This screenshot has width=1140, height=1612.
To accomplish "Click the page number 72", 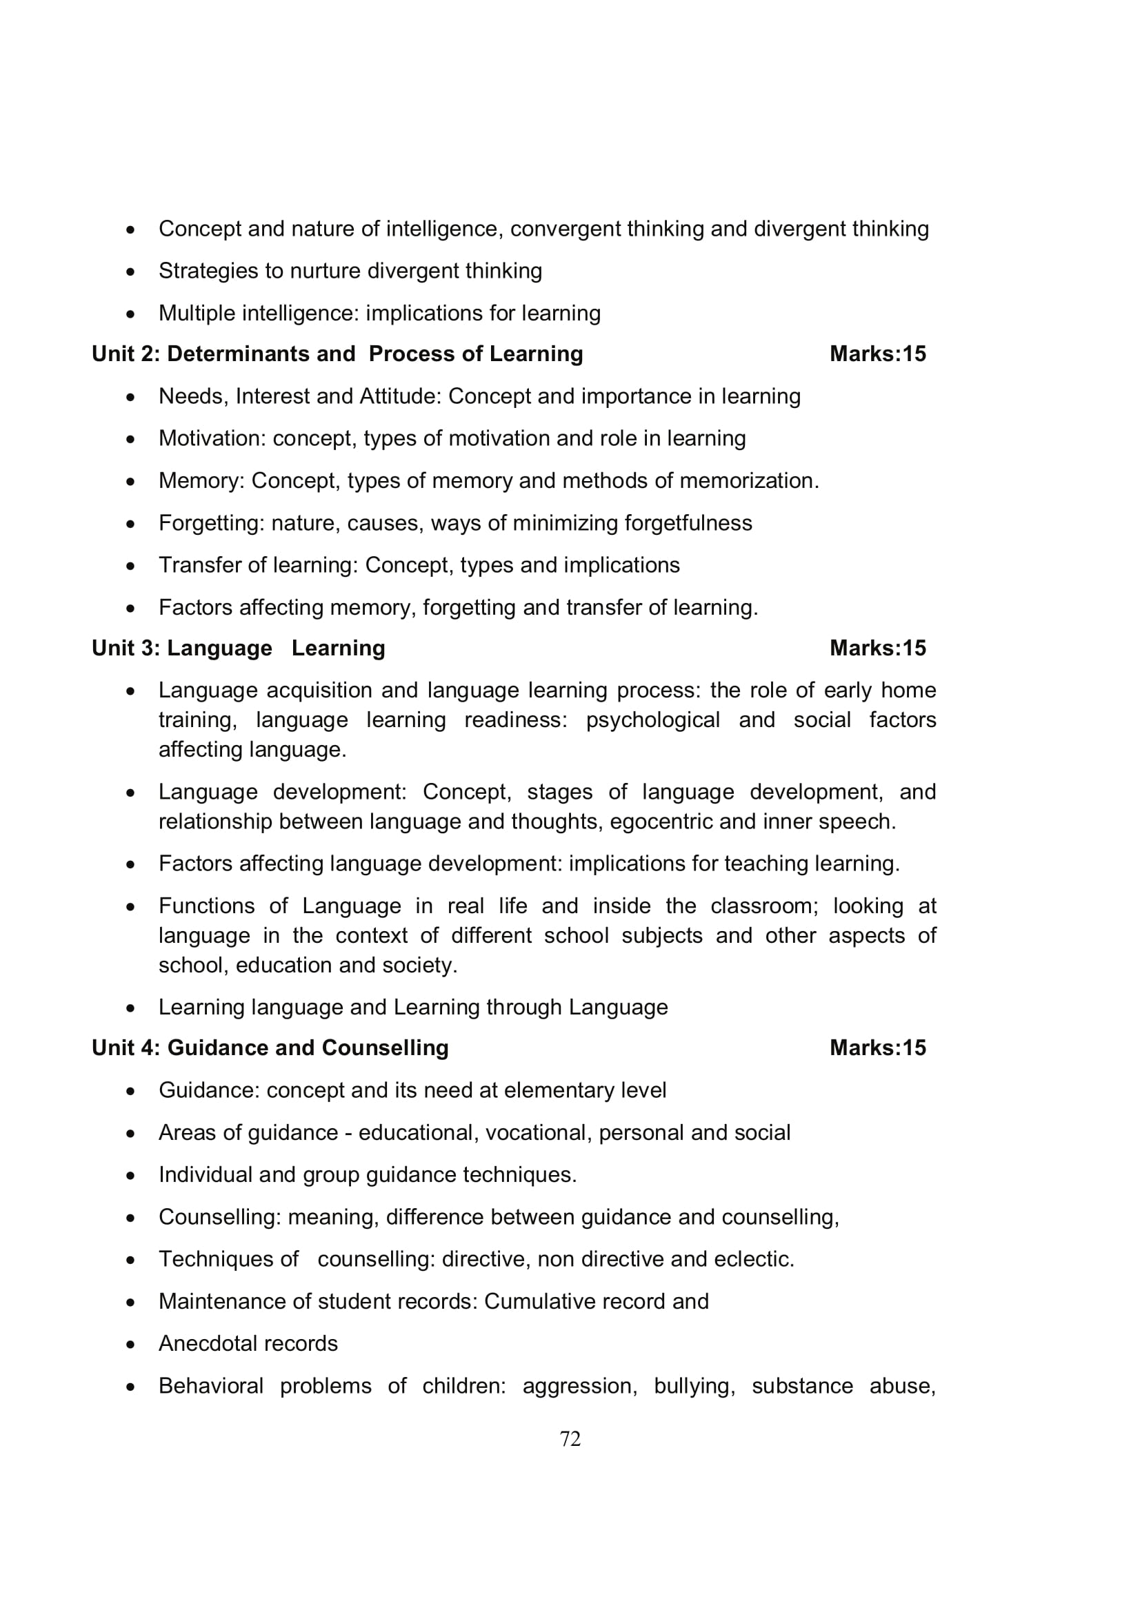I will coord(570,1438).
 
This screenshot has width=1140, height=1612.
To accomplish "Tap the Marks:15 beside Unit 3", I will coord(877,648).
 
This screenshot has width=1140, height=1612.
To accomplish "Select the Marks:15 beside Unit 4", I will coord(877,1048).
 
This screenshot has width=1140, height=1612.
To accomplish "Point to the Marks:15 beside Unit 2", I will coord(877,354).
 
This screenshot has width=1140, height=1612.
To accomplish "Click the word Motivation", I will coord(212,438).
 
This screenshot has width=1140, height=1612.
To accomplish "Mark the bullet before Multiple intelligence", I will coord(130,314).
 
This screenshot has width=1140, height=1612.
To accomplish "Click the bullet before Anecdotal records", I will coord(130,1345).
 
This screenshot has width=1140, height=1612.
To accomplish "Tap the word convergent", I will coord(566,229).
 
